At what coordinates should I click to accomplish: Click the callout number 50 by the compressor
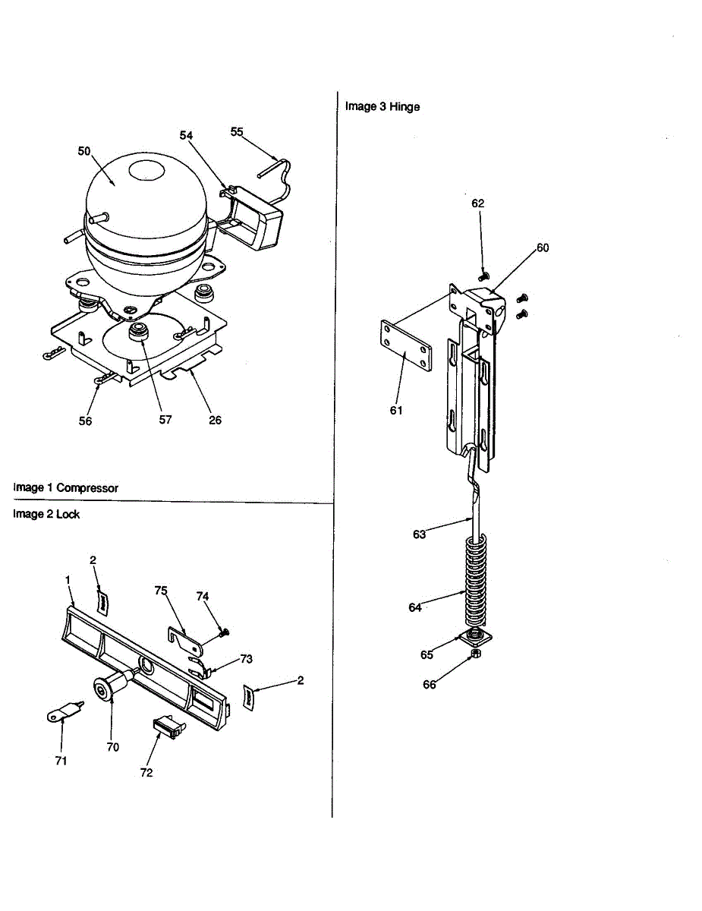(x=84, y=151)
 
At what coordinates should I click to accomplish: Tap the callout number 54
(x=187, y=134)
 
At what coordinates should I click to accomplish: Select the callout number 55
(x=237, y=131)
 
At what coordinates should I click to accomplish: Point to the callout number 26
(x=216, y=420)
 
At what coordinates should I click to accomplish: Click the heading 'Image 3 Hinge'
(x=382, y=106)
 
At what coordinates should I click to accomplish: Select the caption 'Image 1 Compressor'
(x=66, y=487)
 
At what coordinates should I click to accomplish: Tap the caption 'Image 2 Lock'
(x=46, y=514)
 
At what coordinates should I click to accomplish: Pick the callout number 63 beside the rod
(x=420, y=534)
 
